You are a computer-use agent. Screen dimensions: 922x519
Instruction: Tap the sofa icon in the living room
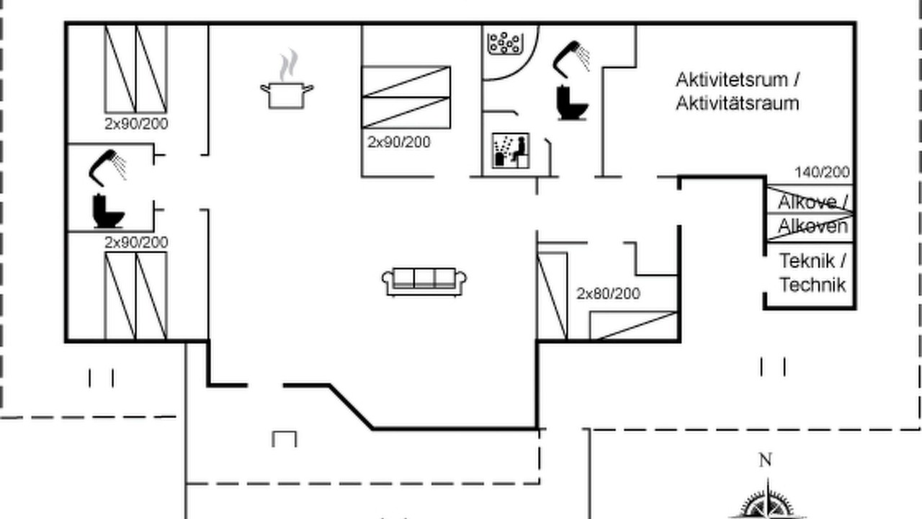[424, 282]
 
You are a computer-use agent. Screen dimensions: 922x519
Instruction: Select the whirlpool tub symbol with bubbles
[505, 43]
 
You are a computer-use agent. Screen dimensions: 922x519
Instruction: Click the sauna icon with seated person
[511, 151]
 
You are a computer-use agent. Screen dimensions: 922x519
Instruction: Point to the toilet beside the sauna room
[572, 102]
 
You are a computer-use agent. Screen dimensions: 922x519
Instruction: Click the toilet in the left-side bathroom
[108, 211]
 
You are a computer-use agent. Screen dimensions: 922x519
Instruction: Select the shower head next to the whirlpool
[571, 59]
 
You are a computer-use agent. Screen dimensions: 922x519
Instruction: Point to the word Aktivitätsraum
[738, 103]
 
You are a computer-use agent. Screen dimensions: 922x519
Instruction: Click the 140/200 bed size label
[822, 172]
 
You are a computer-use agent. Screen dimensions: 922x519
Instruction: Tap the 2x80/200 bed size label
[609, 293]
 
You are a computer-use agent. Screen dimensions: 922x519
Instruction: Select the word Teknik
[807, 261]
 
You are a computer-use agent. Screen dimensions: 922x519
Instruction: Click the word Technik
[813, 285]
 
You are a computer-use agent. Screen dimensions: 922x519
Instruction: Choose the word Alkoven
[813, 226]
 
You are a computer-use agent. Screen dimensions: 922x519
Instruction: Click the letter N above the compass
[765, 460]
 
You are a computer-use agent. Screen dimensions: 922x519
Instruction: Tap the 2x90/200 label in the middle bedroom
[399, 142]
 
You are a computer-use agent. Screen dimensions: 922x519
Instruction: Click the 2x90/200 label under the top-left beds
[136, 123]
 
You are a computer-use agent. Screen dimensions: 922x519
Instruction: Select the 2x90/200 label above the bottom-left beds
[136, 242]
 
